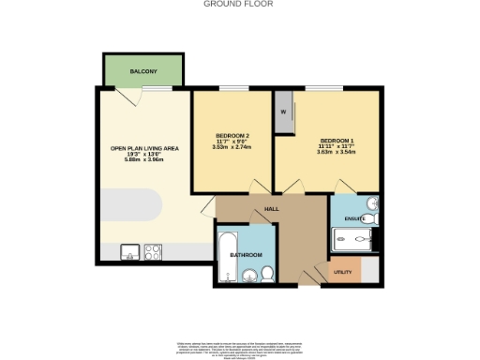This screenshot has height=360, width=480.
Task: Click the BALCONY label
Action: [143, 71]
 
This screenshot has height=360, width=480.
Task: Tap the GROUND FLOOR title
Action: [239, 4]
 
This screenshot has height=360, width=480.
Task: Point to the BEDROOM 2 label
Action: [232, 134]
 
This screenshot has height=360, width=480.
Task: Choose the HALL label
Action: [271, 209]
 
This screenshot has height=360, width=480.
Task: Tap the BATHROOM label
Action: [247, 255]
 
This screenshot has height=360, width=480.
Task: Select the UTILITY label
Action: [342, 273]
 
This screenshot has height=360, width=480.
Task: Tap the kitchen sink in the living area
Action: [129, 251]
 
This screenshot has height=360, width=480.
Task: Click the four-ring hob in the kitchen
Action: [152, 251]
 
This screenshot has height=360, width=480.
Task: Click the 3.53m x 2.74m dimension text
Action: [232, 147]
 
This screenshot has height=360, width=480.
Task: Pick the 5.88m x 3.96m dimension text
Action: [143, 160]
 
